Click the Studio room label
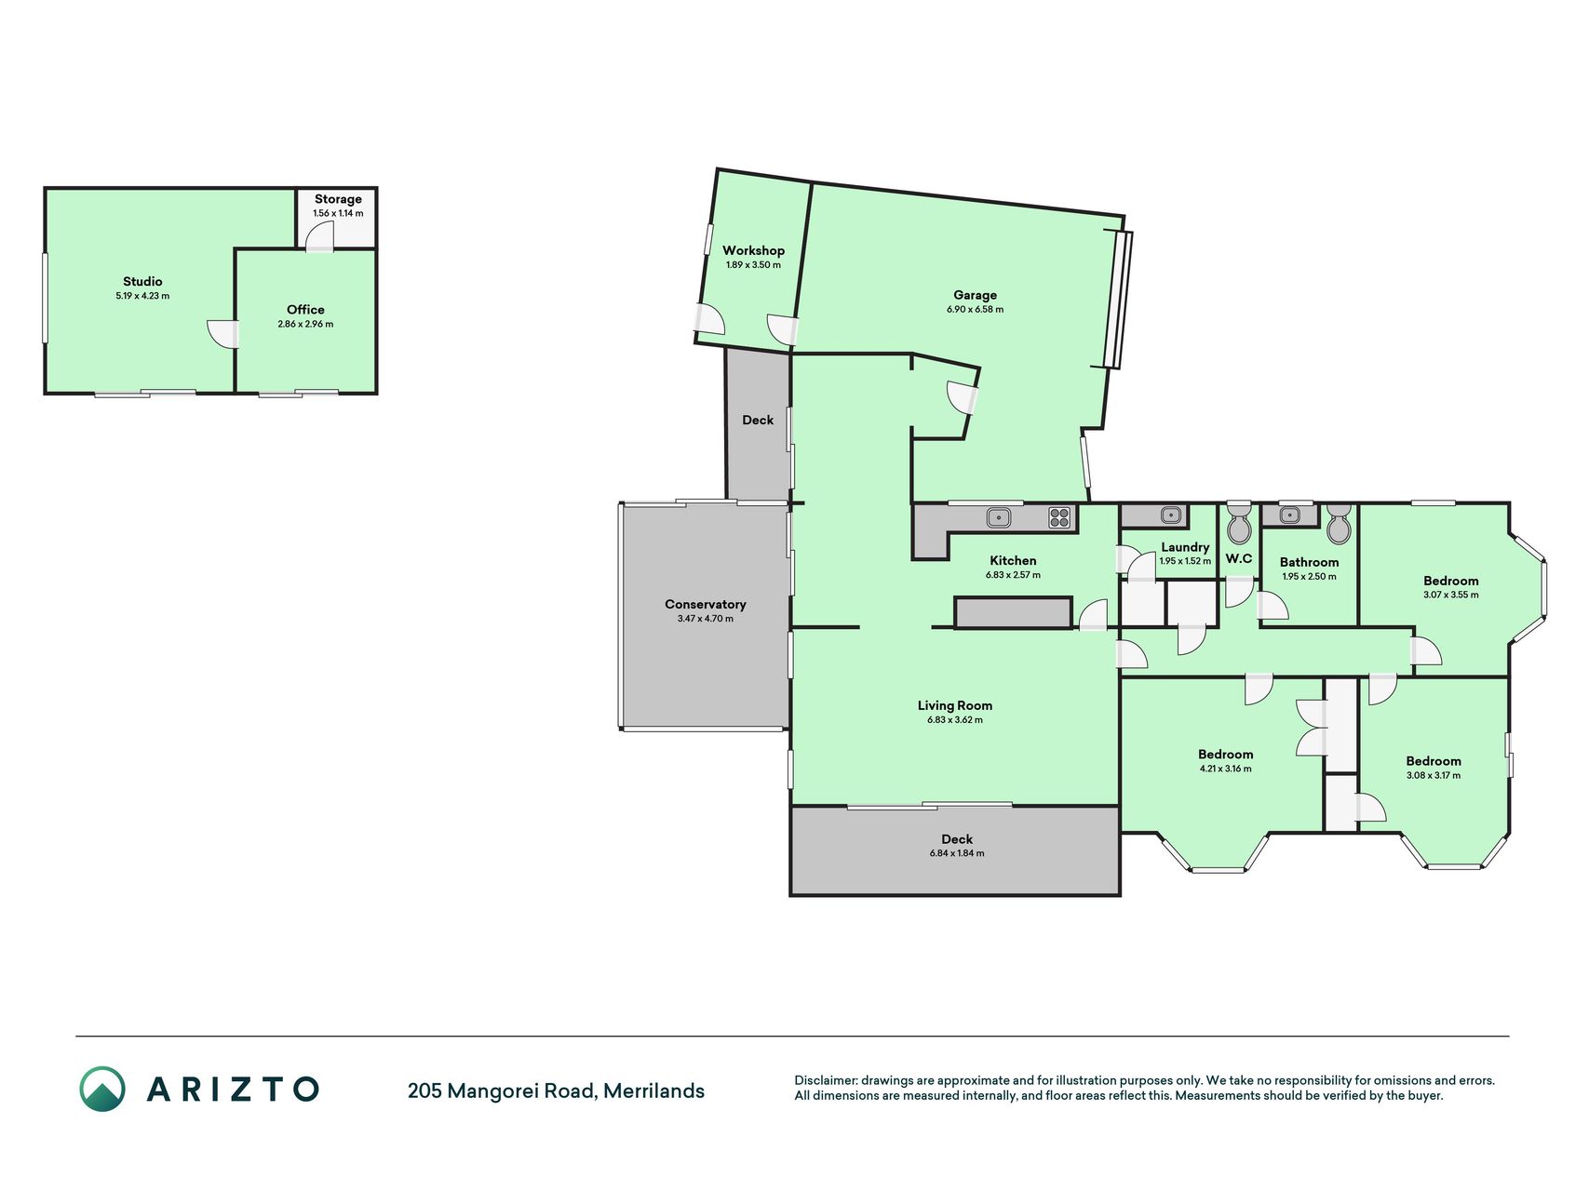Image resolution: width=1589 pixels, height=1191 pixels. [142, 281]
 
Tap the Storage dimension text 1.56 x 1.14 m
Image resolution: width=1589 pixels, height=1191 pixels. [338, 213]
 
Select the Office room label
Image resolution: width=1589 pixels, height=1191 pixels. [305, 310]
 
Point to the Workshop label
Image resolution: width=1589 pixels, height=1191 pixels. [753, 250]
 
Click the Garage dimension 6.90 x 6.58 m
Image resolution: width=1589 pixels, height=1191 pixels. [975, 309]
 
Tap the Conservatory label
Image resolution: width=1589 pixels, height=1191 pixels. [705, 605]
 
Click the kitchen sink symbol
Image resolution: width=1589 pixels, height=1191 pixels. [999, 516]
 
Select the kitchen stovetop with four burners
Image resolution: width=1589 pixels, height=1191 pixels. [1059, 517]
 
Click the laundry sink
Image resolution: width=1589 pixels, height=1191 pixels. [1170, 515]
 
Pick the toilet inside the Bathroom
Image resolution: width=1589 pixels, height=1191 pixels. [1339, 525]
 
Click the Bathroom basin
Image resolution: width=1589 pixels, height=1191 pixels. [1289, 515]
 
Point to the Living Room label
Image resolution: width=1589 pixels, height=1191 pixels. [954, 705]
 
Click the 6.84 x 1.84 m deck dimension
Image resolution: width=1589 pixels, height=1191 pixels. [956, 853]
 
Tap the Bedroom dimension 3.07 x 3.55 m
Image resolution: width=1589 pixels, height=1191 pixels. [1450, 595]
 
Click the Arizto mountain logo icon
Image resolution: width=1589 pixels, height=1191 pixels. [101, 1089]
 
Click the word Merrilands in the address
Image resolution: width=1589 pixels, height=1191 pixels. [653, 1091]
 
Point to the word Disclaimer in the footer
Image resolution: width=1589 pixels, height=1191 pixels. [825, 1080]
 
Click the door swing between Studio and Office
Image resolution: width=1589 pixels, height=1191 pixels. [222, 334]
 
